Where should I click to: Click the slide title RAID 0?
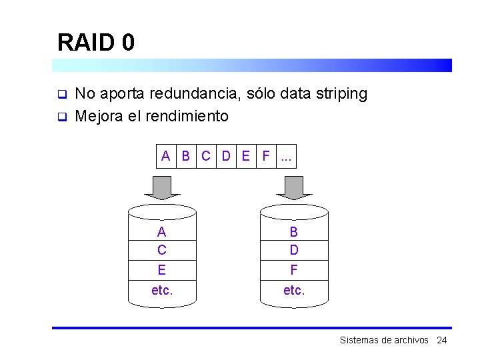coord(96,43)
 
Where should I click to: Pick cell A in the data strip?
coord(166,157)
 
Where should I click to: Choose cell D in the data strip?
coord(226,157)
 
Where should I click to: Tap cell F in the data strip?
coord(266,157)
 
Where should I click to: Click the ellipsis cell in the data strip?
coord(287,157)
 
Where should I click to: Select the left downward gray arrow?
coord(162,187)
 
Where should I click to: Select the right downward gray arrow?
coord(293,187)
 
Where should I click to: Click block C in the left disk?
coord(162,250)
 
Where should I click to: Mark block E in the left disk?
coord(162,270)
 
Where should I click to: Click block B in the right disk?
coord(294,231)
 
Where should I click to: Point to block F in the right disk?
coord(294,270)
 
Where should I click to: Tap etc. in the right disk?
coord(294,290)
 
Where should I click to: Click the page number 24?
coord(441,340)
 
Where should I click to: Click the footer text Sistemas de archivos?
coord(384,340)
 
